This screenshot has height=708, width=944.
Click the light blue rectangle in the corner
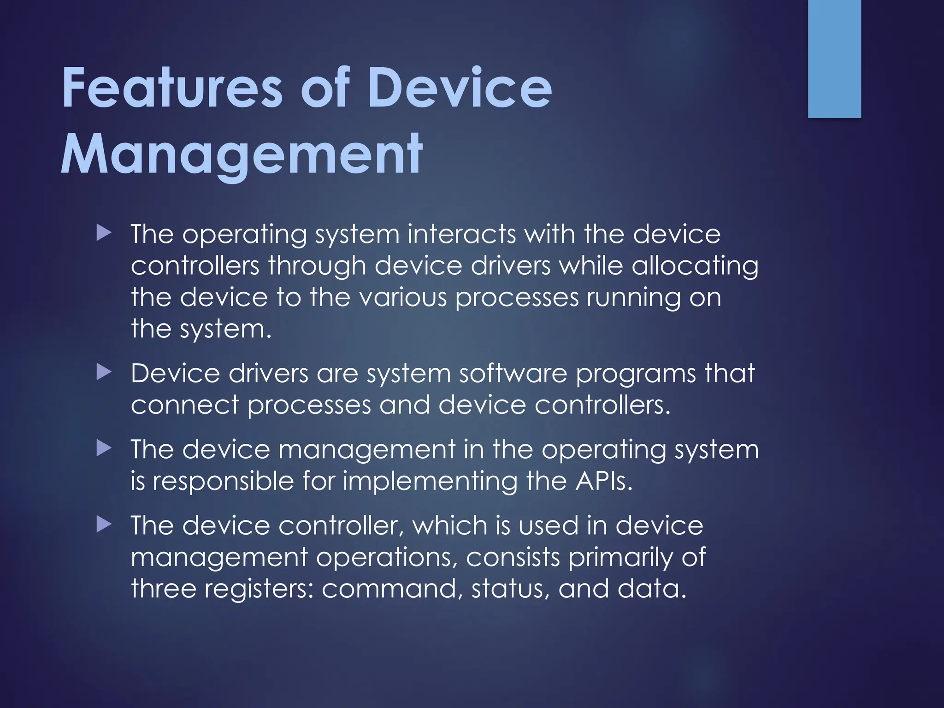(834, 59)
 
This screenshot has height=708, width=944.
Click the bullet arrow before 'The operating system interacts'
(104, 233)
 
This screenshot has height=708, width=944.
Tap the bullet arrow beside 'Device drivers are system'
(104, 372)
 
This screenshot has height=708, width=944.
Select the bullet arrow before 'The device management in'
(104, 448)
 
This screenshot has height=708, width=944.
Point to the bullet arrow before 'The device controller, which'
(104, 525)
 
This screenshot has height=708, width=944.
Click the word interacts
(462, 234)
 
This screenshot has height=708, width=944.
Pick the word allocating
(695, 266)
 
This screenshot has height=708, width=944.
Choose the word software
(513, 373)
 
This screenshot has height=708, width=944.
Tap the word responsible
(223, 481)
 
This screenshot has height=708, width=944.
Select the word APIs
(604, 481)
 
